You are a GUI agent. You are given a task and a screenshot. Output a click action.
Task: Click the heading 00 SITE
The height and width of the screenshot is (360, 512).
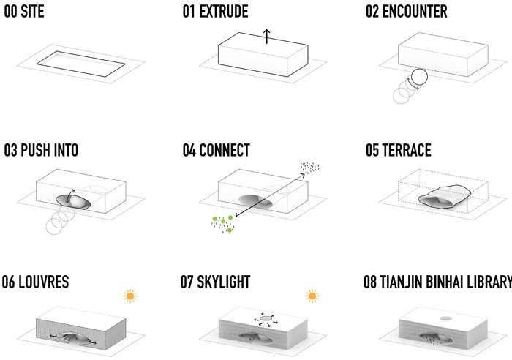[x=27, y=12]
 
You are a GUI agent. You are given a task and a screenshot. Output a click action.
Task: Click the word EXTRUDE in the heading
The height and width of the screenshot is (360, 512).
[x=225, y=12]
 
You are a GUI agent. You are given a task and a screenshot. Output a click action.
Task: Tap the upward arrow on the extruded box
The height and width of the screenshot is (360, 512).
[x=267, y=35]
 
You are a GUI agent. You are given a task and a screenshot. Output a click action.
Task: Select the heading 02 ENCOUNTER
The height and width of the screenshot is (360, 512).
[x=406, y=12]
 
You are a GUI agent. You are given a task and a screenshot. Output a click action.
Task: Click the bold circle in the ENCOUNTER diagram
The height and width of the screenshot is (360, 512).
[x=418, y=78]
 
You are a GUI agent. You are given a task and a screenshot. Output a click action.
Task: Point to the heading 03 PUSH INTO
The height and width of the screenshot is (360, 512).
[x=40, y=151]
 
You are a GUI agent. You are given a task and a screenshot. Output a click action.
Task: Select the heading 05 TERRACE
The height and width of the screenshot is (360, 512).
[x=399, y=151]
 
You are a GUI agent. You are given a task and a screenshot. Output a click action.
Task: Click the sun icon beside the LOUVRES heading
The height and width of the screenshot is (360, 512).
[x=130, y=296]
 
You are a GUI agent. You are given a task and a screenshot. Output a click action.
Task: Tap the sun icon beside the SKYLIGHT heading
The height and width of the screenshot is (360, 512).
[x=312, y=296]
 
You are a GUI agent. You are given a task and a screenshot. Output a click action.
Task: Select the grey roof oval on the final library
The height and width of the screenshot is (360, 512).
[x=446, y=318]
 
